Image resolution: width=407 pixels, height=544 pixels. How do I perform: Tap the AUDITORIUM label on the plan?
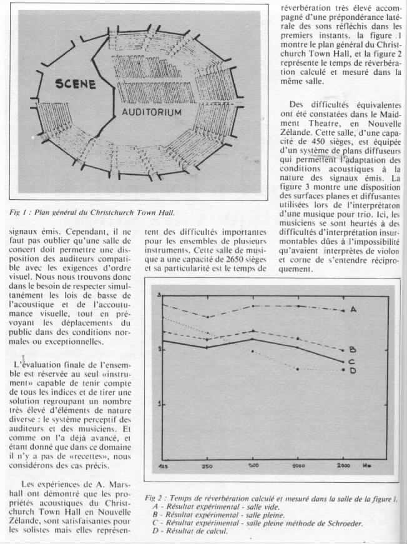(151, 112)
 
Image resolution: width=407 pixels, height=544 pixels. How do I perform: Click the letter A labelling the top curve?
(353, 310)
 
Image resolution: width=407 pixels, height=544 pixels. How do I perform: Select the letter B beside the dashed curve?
(353, 350)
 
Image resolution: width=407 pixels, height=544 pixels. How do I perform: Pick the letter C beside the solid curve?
(352, 362)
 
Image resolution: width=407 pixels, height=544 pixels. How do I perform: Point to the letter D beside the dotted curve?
(353, 370)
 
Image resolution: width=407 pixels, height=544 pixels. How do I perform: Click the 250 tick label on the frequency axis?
(206, 466)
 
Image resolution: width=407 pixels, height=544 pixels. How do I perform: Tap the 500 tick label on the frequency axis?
(253, 466)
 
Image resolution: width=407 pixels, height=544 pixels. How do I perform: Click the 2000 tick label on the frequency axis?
(341, 466)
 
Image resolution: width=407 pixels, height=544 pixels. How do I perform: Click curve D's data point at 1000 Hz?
(298, 369)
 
